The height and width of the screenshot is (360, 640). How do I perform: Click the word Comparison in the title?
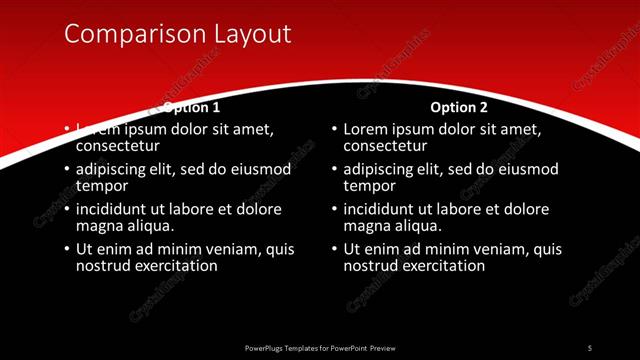click(126, 34)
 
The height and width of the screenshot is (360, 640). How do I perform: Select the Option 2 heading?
click(459, 107)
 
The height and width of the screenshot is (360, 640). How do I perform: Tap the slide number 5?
click(589, 347)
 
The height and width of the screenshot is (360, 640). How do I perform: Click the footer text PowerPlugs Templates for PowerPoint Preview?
click(319, 347)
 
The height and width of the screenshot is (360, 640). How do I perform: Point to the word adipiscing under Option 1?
click(112, 170)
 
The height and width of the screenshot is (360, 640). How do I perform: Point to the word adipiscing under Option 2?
click(379, 170)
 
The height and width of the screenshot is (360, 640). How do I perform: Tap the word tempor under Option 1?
click(101, 186)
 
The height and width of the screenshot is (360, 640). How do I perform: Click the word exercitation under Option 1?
click(176, 266)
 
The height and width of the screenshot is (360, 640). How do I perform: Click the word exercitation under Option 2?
click(443, 266)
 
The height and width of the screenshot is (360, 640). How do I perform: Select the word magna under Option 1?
click(99, 226)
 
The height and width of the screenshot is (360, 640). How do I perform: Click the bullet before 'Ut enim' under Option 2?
click(334, 250)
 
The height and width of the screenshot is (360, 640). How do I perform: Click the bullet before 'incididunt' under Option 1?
click(67, 210)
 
